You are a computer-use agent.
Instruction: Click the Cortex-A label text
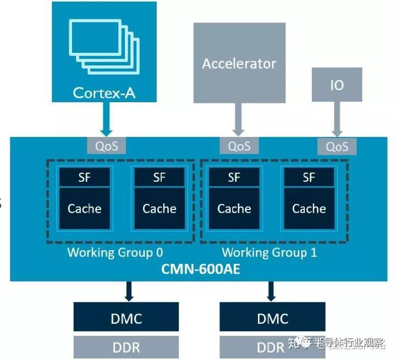tap(104, 91)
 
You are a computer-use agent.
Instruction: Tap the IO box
tap(337, 86)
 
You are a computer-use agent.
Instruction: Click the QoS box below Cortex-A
tap(107, 146)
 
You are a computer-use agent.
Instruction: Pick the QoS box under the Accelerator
tap(239, 146)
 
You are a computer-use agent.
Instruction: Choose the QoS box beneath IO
tap(337, 146)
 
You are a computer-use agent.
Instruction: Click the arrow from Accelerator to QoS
tap(238, 118)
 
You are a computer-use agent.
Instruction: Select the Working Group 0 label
tap(115, 252)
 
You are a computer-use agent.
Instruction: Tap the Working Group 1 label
tap(269, 252)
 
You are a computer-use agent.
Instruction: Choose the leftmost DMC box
tap(127, 318)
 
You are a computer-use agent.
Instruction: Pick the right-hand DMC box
tap(272, 318)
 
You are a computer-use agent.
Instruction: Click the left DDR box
tap(127, 347)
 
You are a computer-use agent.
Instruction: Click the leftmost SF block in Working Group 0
tap(84, 177)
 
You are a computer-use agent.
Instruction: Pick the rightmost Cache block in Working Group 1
tap(309, 208)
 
